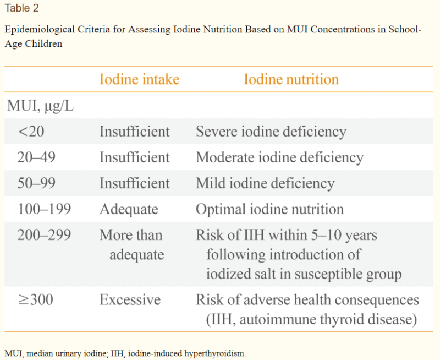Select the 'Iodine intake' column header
(139, 79)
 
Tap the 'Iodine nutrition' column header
(291, 79)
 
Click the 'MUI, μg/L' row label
(40, 106)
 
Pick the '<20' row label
(30, 132)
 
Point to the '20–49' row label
(36, 157)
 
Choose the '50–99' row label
(36, 183)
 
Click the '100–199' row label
(44, 209)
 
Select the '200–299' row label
(44, 235)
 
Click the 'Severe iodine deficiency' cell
(271, 132)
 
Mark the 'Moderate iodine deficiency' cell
(279, 157)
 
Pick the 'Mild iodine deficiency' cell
(265, 183)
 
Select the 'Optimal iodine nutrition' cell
(269, 209)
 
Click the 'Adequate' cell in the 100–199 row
(129, 209)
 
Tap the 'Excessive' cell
(130, 300)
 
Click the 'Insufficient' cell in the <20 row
(135, 132)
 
